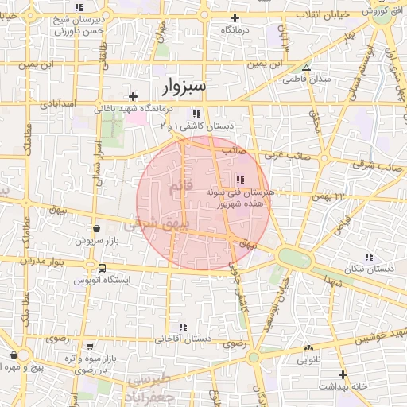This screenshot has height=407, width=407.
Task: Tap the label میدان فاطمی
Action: (307, 79)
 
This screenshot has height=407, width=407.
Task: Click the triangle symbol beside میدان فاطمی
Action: (307, 68)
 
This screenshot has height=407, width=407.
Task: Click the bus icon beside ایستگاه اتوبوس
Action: (102, 268)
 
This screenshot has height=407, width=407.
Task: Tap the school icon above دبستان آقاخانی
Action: (184, 327)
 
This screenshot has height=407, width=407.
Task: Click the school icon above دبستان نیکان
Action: (368, 256)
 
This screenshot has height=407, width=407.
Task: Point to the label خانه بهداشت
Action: (343, 386)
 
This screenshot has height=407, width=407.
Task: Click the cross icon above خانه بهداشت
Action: (343, 374)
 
